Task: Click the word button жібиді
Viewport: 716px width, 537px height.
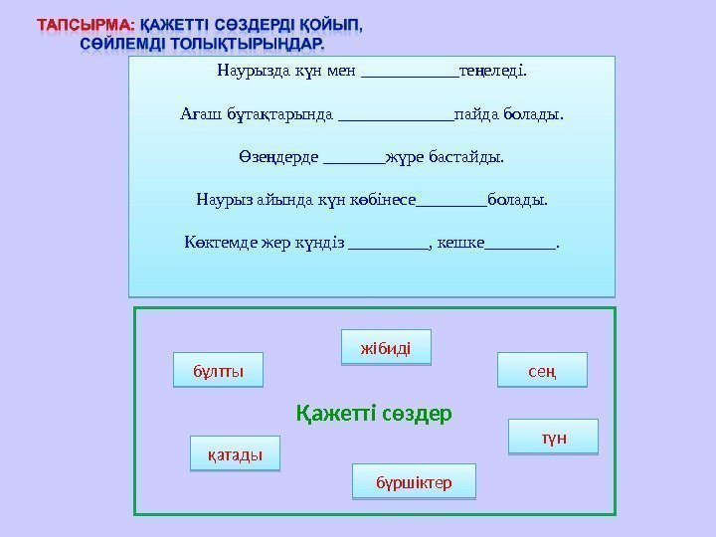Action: pos(386,347)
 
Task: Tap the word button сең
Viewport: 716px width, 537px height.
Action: pos(542,370)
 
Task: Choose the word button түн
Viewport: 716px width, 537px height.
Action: pos(554,438)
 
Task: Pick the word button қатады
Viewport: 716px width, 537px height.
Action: pos(235,454)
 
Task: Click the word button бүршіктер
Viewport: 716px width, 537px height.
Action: pos(414,482)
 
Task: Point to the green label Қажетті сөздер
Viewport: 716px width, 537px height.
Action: pos(374,412)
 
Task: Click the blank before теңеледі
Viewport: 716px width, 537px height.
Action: pos(411,73)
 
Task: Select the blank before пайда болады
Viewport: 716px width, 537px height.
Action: pos(395,114)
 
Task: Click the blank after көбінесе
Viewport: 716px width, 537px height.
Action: pos(451,200)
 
